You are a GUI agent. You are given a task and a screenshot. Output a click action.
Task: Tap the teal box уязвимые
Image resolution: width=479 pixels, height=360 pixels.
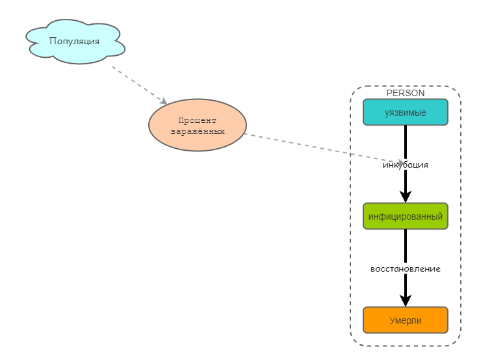pos(406,112)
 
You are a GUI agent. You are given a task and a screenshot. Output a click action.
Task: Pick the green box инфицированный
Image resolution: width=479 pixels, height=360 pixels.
pos(406,216)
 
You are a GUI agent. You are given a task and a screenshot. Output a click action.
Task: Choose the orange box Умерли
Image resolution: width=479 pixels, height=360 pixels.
pos(406,320)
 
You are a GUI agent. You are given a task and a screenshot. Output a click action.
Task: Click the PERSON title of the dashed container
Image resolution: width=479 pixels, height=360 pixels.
pos(406,93)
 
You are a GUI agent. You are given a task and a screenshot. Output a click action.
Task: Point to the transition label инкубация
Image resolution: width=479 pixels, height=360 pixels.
pos(406,165)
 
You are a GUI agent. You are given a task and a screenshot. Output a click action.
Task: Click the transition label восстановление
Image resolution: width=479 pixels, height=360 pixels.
pos(406,268)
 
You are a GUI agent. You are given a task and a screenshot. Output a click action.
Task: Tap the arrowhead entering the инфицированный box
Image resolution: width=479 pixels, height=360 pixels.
pos(406,197)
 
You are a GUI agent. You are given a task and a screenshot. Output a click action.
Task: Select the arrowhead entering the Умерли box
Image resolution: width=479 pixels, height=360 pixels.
pos(406,300)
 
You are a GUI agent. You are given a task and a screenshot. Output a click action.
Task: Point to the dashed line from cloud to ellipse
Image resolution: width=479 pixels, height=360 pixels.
pos(136,83)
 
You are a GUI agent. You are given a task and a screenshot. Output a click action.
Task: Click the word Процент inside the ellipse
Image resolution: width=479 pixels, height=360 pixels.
pos(198,120)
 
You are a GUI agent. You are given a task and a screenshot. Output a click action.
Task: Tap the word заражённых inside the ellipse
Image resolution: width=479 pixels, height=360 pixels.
pos(198,131)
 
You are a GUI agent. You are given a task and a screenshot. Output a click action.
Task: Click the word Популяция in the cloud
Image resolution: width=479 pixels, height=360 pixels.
pos(75,41)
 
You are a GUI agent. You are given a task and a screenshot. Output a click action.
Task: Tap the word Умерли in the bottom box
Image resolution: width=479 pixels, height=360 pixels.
pos(406,320)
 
